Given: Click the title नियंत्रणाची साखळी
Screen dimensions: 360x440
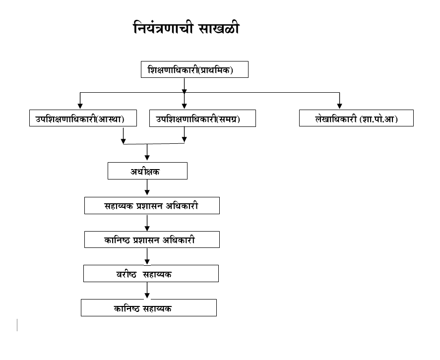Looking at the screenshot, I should click(186, 28).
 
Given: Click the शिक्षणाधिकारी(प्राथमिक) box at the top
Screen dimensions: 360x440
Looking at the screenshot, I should click(194, 70).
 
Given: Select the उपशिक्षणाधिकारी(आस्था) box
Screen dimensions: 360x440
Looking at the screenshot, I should click(83, 119).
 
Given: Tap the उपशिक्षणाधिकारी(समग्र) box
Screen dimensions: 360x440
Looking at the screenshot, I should click(202, 119).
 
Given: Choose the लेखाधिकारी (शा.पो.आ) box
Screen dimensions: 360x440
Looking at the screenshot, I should click(356, 119).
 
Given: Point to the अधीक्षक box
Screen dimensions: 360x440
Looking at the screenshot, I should click(147, 171).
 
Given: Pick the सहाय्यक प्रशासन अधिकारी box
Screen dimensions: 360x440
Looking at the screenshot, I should click(152, 205).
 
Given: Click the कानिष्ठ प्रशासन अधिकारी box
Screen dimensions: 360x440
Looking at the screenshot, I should click(152, 240).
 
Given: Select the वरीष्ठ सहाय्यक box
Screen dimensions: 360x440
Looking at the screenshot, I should click(151, 273).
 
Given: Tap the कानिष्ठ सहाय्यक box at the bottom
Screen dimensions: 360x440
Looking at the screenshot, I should click(149, 307).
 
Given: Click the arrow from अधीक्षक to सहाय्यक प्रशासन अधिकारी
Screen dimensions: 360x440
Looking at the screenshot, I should click(147, 188).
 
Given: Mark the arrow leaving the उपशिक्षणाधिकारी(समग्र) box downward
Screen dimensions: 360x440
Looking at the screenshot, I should click(185, 134).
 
